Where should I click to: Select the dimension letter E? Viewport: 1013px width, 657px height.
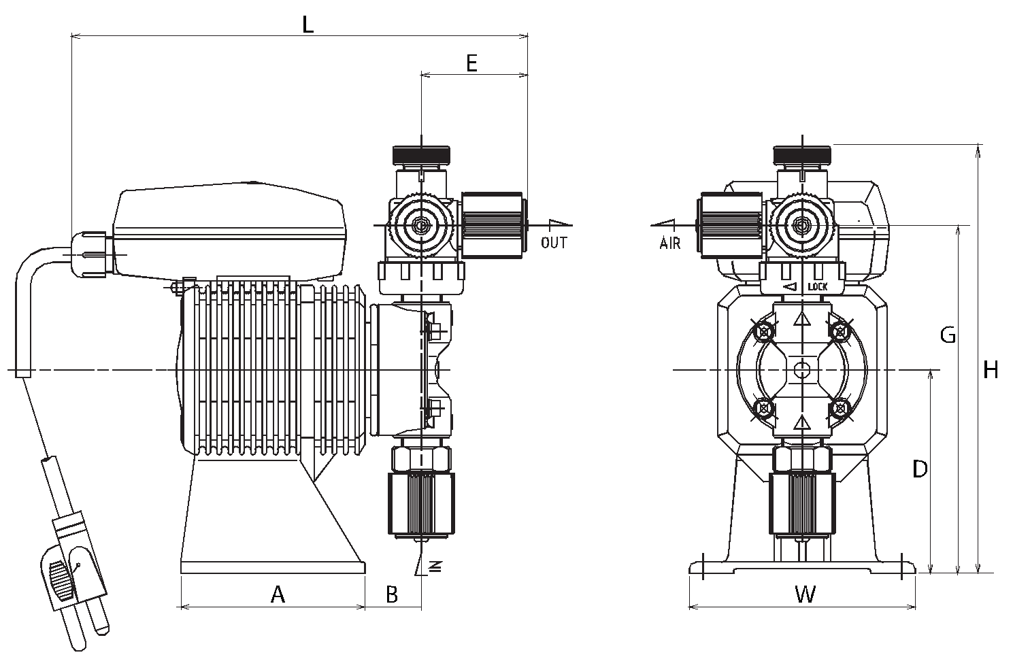[x=471, y=63]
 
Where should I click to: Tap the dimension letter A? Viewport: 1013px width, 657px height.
[x=278, y=594]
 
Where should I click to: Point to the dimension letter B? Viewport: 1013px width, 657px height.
[x=392, y=594]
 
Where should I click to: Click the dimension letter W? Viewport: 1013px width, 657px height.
[x=806, y=594]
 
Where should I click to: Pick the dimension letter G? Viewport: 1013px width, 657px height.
[x=948, y=335]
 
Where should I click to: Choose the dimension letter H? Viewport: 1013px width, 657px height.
[x=991, y=371]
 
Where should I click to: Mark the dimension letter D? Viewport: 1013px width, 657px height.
[x=920, y=469]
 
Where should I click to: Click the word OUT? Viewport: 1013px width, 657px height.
[x=554, y=243]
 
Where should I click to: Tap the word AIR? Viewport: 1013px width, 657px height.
[x=669, y=243]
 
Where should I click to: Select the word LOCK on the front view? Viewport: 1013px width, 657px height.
[x=818, y=286]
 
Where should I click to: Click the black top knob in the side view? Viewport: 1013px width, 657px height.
[x=421, y=154]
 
